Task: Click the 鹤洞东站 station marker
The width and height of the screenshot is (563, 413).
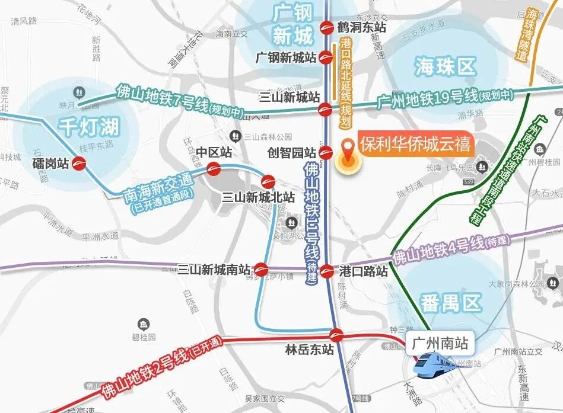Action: tap(326, 27)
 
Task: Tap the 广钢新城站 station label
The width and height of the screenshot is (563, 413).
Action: tap(286, 57)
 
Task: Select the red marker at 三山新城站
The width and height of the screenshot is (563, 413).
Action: tap(325, 108)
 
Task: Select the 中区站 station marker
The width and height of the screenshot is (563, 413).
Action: tap(214, 170)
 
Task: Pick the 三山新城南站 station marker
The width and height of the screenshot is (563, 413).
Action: tap(261, 270)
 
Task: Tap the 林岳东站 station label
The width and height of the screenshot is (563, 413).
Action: tap(309, 350)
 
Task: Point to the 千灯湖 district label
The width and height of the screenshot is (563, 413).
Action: tap(89, 126)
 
